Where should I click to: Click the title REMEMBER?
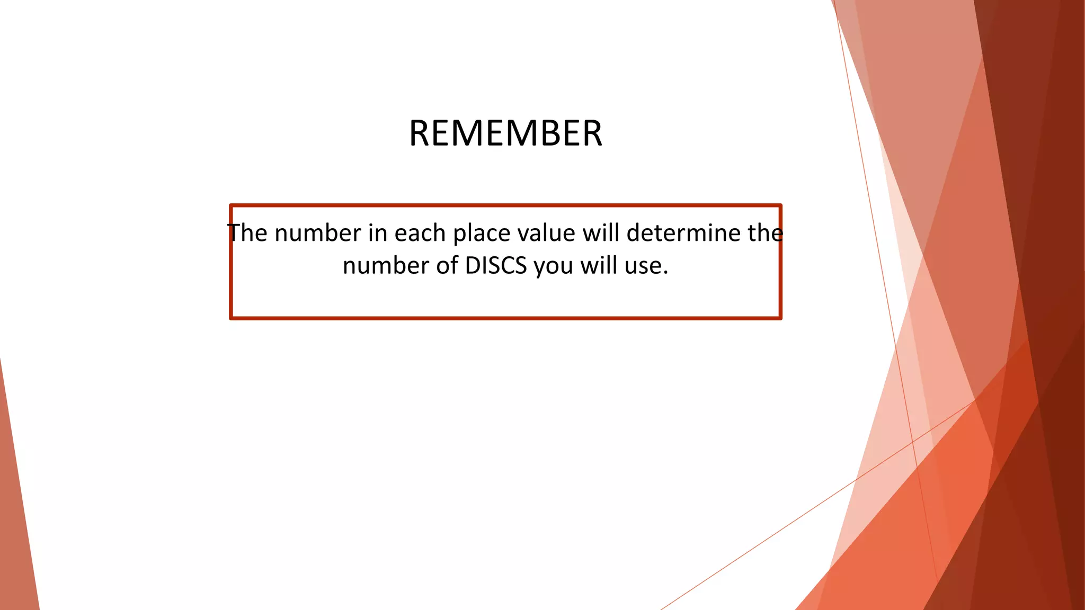[505, 133]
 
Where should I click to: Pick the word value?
[546, 233]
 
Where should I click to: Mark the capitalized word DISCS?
[496, 266]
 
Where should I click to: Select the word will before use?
[599, 266]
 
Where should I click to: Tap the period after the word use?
[665, 273]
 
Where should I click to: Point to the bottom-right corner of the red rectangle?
[780, 318]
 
